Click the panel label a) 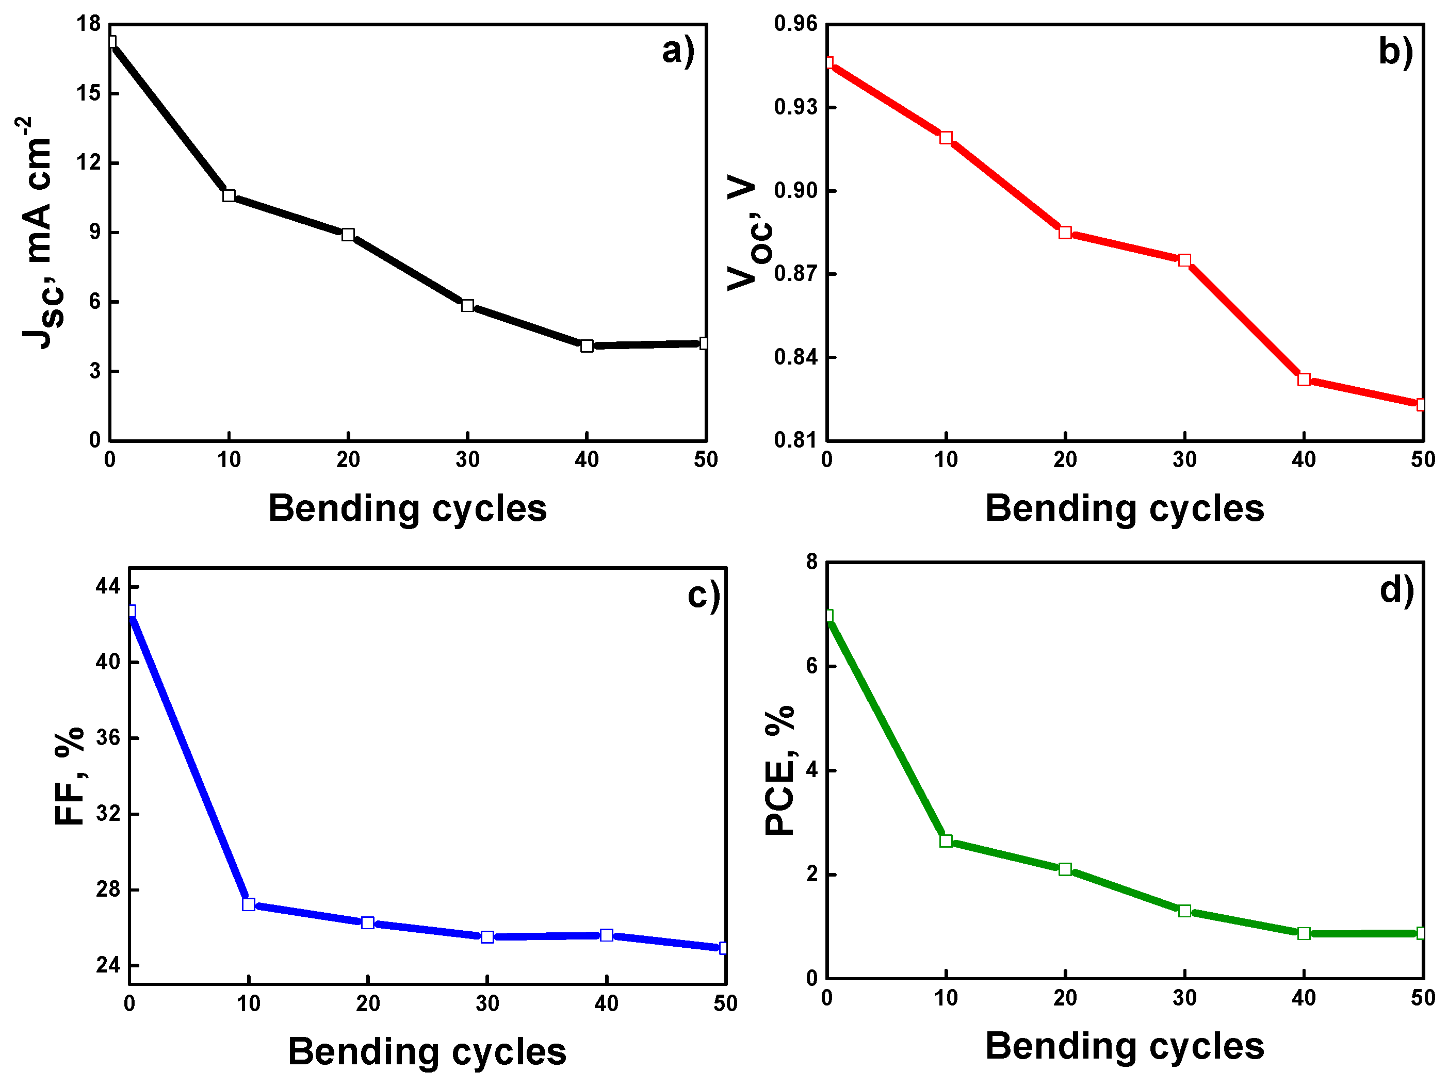click(677, 51)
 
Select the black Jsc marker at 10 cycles click(229, 195)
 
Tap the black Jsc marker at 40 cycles click(587, 345)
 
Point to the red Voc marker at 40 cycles click(1304, 380)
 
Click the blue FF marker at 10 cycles click(249, 904)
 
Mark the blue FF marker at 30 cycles click(487, 937)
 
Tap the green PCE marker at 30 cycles click(1184, 911)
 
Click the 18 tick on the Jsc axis click(89, 24)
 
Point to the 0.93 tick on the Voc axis click(796, 107)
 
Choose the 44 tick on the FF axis click(109, 586)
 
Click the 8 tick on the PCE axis click(812, 562)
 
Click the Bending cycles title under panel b click(1125, 508)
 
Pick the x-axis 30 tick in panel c click(487, 1003)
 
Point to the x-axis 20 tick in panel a click(348, 460)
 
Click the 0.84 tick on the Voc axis click(796, 357)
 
